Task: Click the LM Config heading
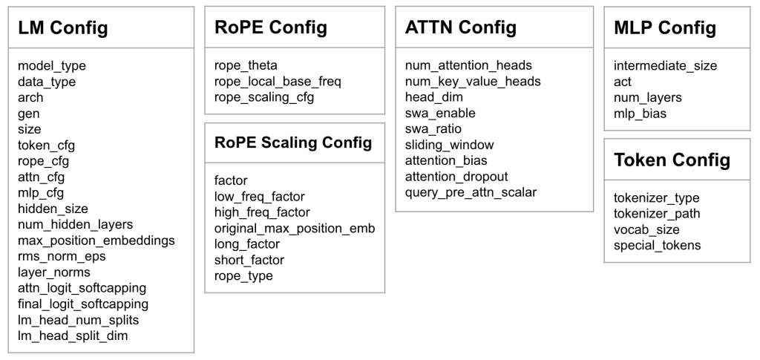click(x=63, y=27)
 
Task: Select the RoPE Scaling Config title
click(x=293, y=143)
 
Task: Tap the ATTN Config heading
click(x=460, y=27)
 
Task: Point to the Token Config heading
click(x=672, y=160)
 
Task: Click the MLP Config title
click(x=665, y=27)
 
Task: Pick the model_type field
click(x=52, y=66)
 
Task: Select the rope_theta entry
click(x=246, y=65)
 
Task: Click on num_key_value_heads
click(x=473, y=82)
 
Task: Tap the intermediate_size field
click(x=666, y=66)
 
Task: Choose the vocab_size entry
click(x=646, y=229)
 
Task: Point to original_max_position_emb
click(x=295, y=228)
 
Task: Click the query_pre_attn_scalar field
click(x=471, y=193)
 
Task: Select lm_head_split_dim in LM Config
click(x=73, y=336)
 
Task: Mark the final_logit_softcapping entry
click(x=83, y=304)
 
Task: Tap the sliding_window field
click(x=449, y=145)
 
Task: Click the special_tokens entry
click(x=658, y=246)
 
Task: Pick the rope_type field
click(x=243, y=276)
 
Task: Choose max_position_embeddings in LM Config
click(x=96, y=240)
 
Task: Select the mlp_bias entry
click(x=640, y=114)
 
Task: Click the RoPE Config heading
click(x=270, y=27)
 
